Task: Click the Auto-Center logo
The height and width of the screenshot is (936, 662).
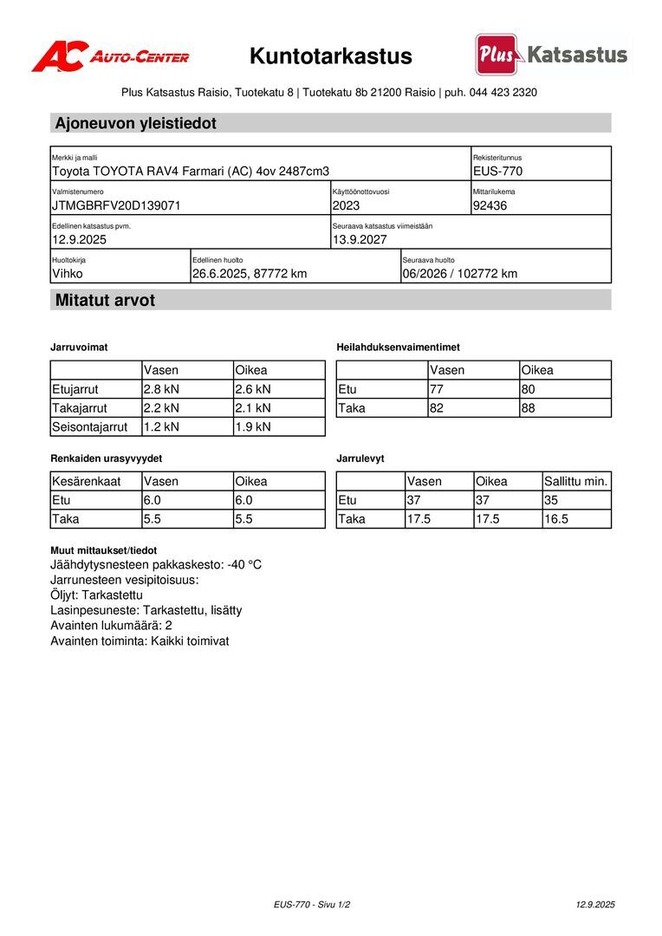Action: coord(110,57)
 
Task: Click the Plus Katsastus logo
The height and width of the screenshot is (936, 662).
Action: coord(551,55)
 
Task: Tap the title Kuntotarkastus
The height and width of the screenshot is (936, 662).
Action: coord(331,56)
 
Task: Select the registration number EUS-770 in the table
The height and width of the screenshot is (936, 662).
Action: coord(497,172)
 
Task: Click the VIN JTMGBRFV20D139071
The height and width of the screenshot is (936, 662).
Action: coord(116,206)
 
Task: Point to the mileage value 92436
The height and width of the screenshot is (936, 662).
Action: coord(490,206)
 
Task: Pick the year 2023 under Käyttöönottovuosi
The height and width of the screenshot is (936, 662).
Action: coord(346,206)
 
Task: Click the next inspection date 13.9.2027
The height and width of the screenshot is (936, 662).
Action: coord(360,240)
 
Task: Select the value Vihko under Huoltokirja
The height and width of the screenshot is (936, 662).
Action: coord(68,274)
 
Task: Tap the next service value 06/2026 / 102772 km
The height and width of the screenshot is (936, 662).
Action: coord(459,274)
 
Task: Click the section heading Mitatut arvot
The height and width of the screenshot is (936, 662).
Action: coord(105,301)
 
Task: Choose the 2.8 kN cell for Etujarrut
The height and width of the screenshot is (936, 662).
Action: coord(161,389)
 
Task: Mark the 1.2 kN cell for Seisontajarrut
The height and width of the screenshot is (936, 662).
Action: coord(161,426)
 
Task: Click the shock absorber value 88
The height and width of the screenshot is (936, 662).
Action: coord(530,408)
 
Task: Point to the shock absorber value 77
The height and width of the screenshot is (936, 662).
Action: coord(437,389)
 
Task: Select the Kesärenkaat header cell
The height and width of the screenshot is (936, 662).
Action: coord(87,481)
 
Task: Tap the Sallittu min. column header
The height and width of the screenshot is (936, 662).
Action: coord(576,481)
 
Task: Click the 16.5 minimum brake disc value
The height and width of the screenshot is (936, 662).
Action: coord(556,519)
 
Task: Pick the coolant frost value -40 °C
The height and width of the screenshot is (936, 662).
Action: coord(244,565)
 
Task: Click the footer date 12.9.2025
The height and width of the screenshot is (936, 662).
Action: coord(595,905)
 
